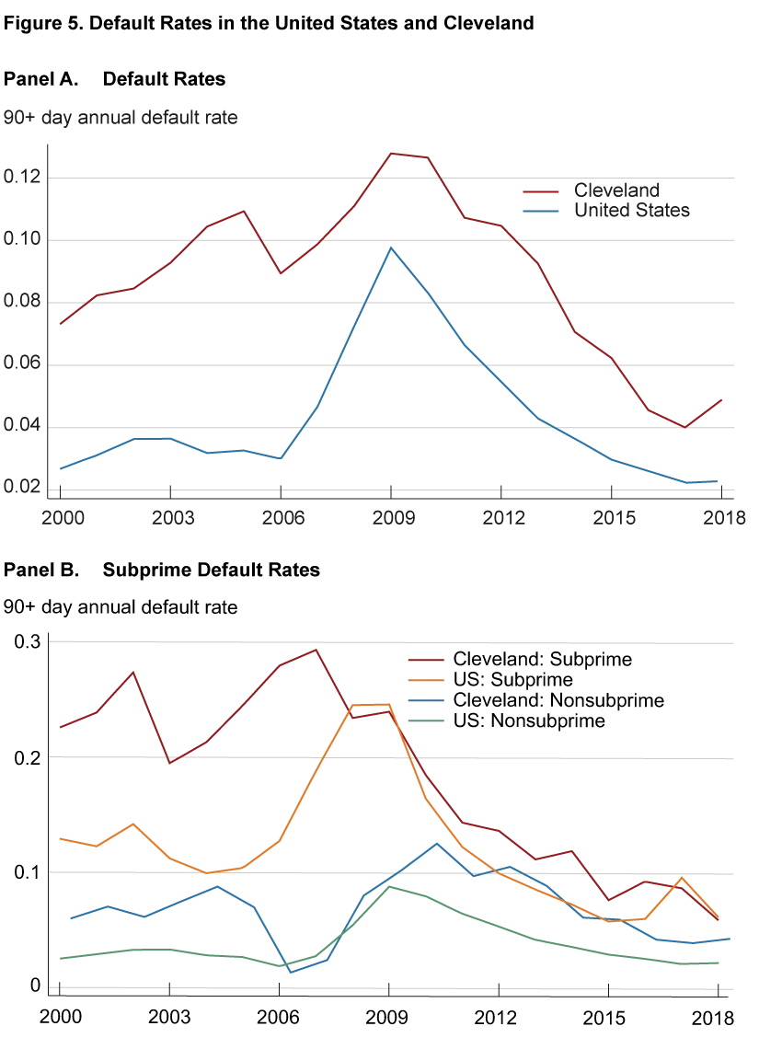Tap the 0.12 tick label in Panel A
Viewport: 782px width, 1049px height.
tap(22, 178)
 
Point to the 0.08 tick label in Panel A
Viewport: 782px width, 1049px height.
tap(22, 302)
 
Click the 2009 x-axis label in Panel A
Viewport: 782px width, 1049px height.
tap(394, 518)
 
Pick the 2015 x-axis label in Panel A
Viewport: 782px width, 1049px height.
tap(614, 518)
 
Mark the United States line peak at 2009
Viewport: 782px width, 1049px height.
tap(391, 248)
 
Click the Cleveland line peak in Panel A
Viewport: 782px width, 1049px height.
tap(391, 153)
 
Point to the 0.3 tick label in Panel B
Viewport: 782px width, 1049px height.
tap(28, 642)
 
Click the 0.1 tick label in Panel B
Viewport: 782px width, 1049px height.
tap(28, 873)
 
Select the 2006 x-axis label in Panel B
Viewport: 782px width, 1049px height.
tap(278, 1018)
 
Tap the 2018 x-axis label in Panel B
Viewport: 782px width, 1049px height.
tap(713, 1019)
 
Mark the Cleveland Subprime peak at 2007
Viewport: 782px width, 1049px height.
tap(316, 650)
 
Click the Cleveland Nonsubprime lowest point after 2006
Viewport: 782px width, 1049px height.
tap(291, 972)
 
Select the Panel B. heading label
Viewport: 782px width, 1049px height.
tap(41, 570)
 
